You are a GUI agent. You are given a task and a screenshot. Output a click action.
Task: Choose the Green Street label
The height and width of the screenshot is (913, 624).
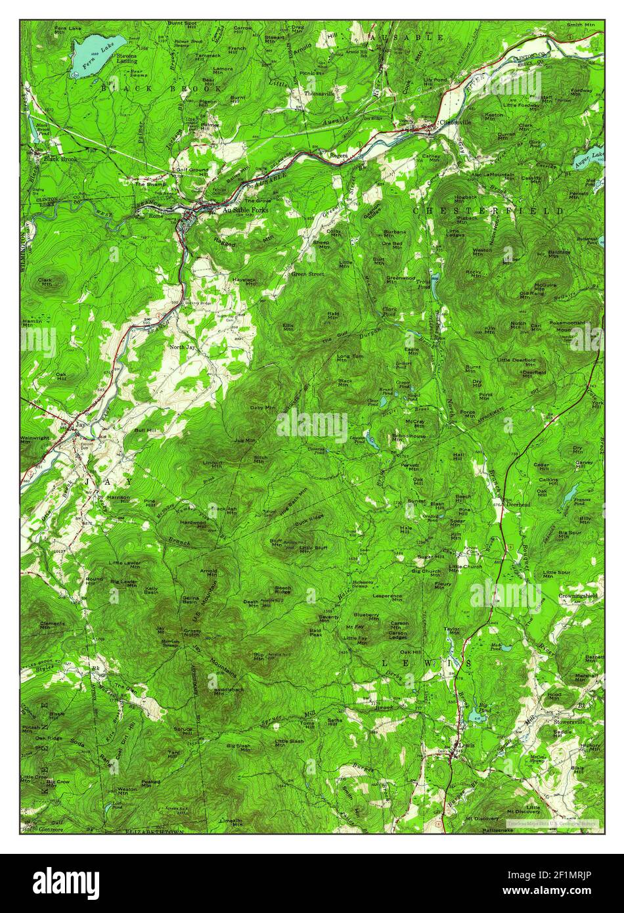tap(308, 274)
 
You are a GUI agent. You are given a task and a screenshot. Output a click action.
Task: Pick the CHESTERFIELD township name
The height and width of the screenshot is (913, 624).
tap(489, 211)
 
